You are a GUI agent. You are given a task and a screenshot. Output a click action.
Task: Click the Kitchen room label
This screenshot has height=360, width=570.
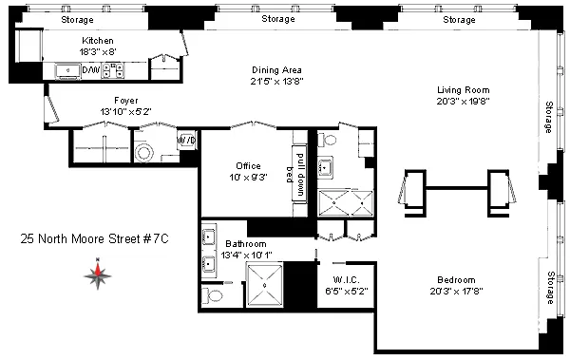[98, 41]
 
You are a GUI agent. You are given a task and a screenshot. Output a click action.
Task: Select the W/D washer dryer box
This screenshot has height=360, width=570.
[186, 141]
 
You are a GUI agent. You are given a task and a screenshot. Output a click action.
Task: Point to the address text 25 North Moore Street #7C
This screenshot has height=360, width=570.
[95, 241]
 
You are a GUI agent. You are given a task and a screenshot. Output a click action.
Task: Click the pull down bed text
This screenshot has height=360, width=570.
[298, 173]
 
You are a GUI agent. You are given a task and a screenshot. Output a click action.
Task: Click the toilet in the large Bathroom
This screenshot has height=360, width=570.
[214, 297]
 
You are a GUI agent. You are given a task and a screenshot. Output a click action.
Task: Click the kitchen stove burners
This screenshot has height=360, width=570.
[115, 70]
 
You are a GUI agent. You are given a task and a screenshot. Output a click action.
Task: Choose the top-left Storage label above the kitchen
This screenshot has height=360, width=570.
[77, 19]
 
